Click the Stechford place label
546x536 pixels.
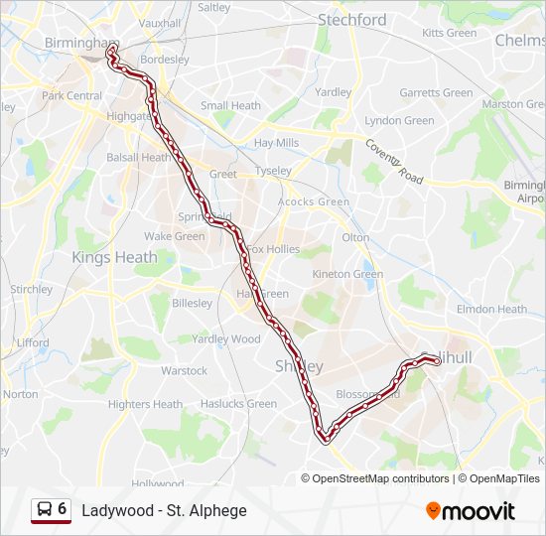click(x=351, y=20)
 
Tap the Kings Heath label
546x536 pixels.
click(x=114, y=257)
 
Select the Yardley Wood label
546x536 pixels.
click(x=226, y=338)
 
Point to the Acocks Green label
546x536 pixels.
click(x=314, y=202)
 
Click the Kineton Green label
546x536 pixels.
click(x=347, y=274)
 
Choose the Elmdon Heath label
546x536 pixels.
click(x=491, y=309)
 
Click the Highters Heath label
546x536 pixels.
click(x=145, y=404)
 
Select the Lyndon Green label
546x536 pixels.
click(x=399, y=121)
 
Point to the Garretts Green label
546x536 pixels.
click(x=436, y=93)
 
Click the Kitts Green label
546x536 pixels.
click(x=449, y=33)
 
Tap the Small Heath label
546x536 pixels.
click(x=230, y=106)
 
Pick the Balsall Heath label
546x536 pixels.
click(x=139, y=157)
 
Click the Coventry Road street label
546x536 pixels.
click(x=394, y=161)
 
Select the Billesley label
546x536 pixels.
click(x=190, y=304)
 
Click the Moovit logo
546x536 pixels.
click(x=471, y=511)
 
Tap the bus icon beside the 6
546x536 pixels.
click(x=44, y=510)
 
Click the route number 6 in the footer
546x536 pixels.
click(x=63, y=509)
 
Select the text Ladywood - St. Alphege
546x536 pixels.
click(x=164, y=511)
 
